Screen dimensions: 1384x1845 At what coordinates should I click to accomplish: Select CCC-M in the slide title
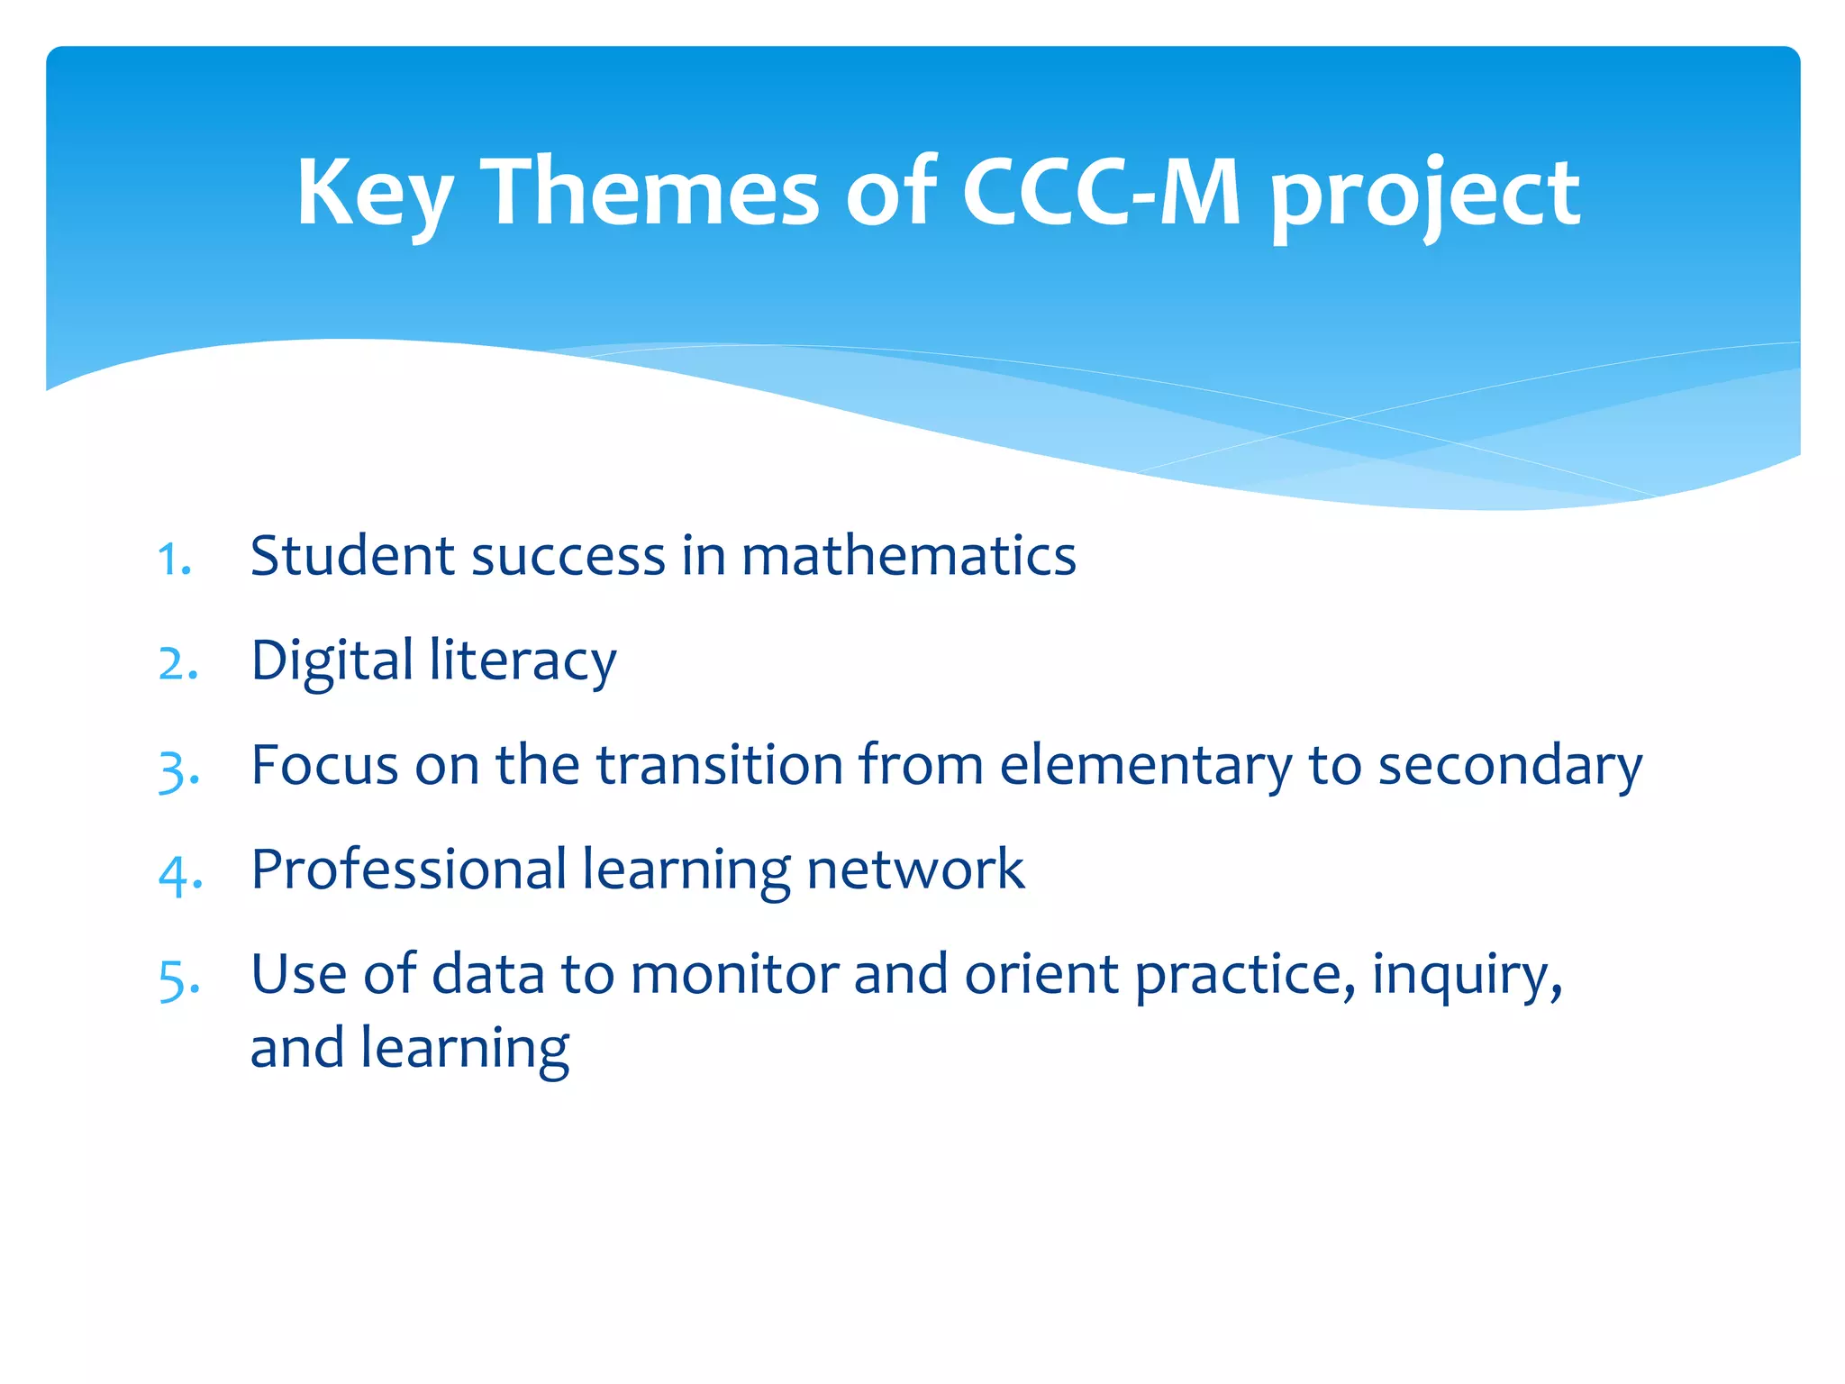coord(1101,191)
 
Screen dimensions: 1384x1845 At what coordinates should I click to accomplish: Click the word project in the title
coord(1424,196)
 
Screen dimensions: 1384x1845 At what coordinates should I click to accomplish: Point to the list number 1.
coord(173,560)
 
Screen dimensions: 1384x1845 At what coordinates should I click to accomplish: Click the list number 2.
coord(177,665)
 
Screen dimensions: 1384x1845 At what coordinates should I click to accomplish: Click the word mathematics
coord(908,556)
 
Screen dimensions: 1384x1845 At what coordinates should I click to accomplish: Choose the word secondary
coord(1510,767)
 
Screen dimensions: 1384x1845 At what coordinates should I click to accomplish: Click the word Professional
coord(408,870)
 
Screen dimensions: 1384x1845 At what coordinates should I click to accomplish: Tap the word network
coord(915,870)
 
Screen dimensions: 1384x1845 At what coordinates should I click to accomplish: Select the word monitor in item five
coord(734,975)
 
